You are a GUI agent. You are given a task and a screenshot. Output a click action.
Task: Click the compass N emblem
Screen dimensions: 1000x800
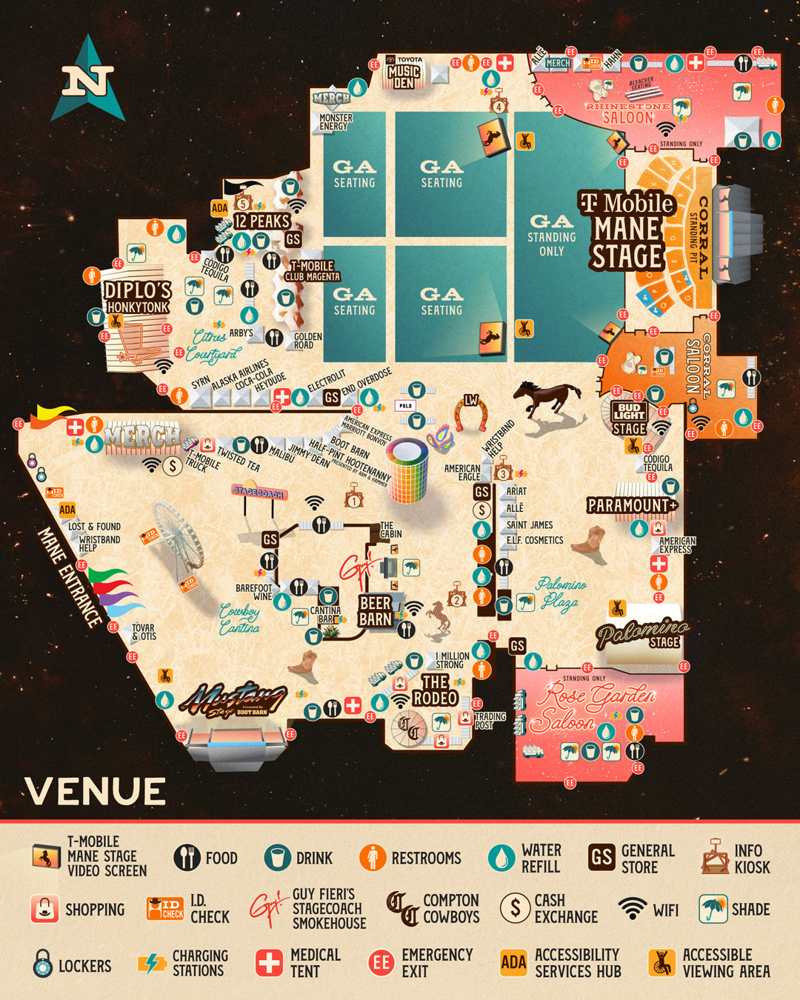point(88,79)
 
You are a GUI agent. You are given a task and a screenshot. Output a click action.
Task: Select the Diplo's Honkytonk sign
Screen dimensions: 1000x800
point(137,296)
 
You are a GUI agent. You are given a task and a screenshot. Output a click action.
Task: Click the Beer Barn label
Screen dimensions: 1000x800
point(376,611)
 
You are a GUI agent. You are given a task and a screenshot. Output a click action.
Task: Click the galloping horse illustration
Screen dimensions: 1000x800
point(548,399)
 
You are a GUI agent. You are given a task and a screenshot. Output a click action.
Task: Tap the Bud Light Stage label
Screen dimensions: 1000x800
point(629,419)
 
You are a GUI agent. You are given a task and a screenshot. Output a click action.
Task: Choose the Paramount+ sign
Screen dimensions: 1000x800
point(632,505)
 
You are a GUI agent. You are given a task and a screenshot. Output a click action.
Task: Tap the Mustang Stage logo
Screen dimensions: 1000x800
point(233,699)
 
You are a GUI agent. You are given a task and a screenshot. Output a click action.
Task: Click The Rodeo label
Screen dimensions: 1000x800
point(435,690)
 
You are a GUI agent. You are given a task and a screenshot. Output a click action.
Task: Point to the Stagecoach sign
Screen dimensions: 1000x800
point(259,491)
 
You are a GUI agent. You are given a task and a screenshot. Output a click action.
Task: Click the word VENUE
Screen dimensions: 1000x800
point(96,792)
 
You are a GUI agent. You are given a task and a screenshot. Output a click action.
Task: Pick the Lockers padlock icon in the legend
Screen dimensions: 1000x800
point(43,964)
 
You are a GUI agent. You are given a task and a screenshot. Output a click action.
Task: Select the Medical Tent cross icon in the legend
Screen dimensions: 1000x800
point(269,962)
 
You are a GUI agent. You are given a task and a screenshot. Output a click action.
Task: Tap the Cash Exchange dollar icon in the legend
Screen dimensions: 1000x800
point(514,908)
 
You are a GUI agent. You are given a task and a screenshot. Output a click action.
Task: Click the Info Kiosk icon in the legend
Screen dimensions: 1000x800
point(715,858)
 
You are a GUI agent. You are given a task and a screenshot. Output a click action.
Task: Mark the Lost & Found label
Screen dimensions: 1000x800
point(94,527)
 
